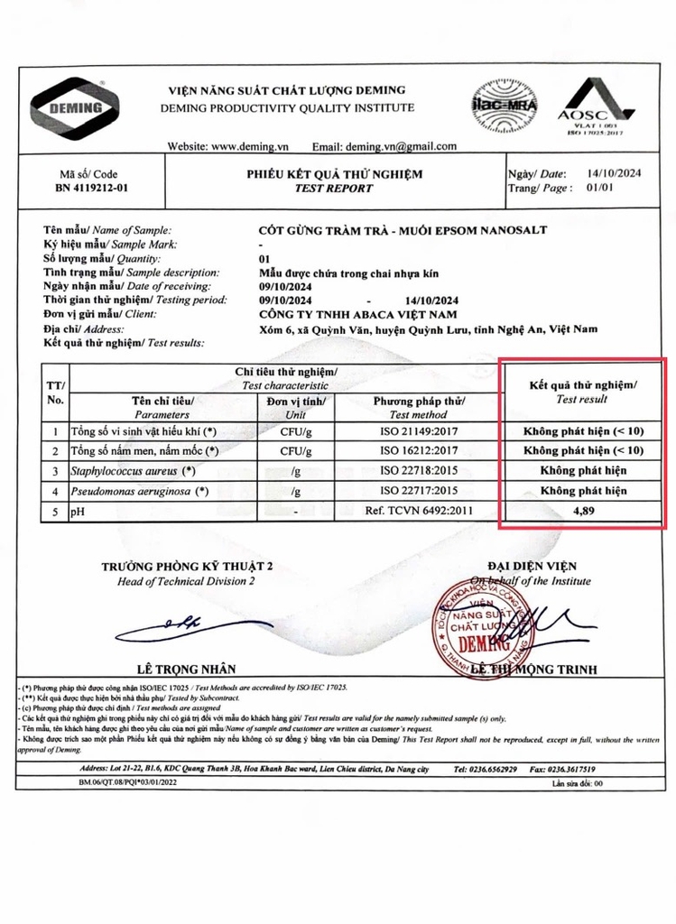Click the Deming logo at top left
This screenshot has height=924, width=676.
[78, 108]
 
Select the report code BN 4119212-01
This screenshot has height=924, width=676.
[88, 188]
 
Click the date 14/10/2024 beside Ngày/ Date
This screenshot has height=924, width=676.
[614, 173]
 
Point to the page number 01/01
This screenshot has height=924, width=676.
[600, 188]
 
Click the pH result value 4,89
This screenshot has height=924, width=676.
[583, 513]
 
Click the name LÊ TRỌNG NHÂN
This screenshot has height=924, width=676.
[187, 669]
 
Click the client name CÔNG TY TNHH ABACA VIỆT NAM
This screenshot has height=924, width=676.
[357, 314]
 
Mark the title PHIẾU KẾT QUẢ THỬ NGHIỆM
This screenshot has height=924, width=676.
[334, 173]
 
